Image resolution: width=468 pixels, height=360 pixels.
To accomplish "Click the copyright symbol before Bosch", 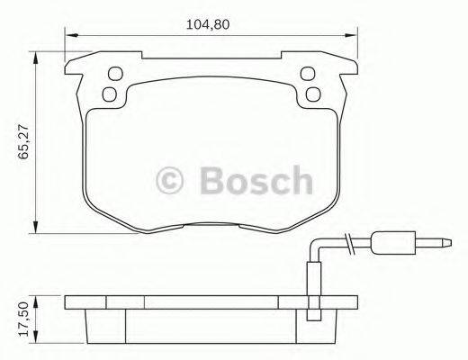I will (x=171, y=180).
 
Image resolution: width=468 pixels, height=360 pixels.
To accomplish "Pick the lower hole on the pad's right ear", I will (x=313, y=94).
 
